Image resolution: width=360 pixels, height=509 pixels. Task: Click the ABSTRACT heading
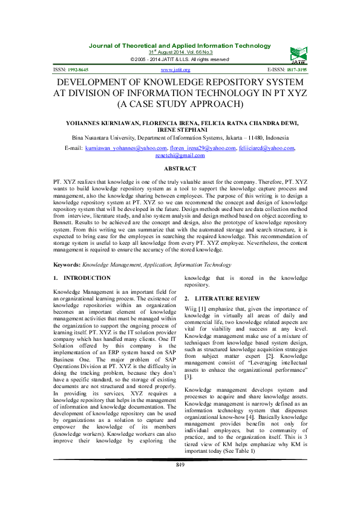click(x=180, y=169)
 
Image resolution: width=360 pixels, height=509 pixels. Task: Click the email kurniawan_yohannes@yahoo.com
click(x=126, y=148)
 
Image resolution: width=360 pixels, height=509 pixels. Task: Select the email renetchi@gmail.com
click(x=180, y=155)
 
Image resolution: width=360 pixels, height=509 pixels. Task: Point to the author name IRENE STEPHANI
click(x=180, y=129)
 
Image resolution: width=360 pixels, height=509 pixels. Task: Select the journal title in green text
click(x=180, y=46)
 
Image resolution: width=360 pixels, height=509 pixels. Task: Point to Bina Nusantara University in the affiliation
click(x=106, y=137)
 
